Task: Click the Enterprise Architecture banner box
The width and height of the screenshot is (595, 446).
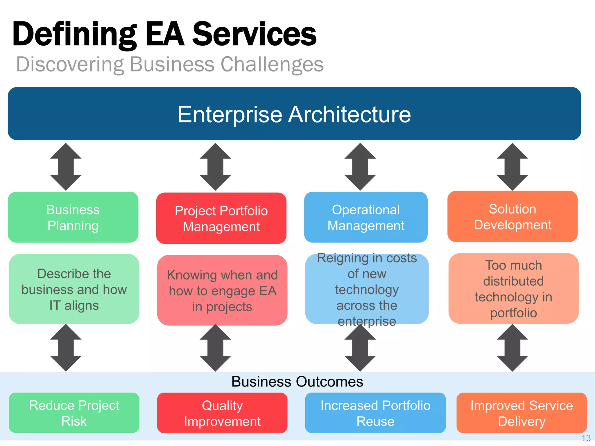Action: pos(294,114)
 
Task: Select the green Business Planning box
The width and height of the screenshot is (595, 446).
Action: pos(73,217)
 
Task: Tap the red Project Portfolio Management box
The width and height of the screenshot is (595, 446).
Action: pos(221,218)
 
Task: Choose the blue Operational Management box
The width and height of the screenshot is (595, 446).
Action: pos(366,217)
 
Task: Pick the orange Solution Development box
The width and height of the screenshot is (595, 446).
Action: pos(512,217)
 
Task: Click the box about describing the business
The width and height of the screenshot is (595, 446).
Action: pos(74,289)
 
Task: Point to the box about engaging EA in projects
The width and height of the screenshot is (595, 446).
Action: pos(222,290)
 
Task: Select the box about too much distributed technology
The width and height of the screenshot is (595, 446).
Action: pos(513,289)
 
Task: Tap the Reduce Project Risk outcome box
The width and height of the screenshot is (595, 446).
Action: pos(74,413)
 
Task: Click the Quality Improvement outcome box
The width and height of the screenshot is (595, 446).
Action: pos(222,413)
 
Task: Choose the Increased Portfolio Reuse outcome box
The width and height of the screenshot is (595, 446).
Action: pos(375,413)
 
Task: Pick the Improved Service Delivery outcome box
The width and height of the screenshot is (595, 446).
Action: pos(521,413)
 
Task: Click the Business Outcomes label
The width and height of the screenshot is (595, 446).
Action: pos(297,382)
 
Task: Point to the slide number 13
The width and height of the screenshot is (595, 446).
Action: pos(586,438)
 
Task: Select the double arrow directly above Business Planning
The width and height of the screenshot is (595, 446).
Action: pos(66,167)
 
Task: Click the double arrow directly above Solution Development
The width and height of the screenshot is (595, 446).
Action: pos(512,167)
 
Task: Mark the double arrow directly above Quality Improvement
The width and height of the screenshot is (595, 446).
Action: pos(215,348)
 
